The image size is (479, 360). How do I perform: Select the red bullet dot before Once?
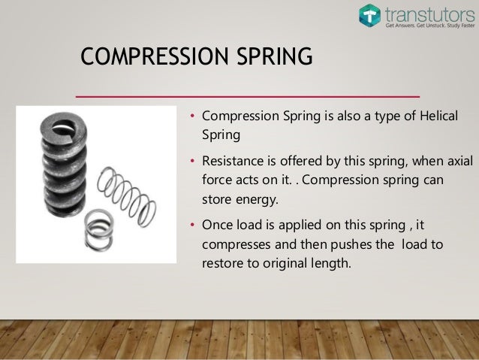pyautogui.click(x=192, y=225)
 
